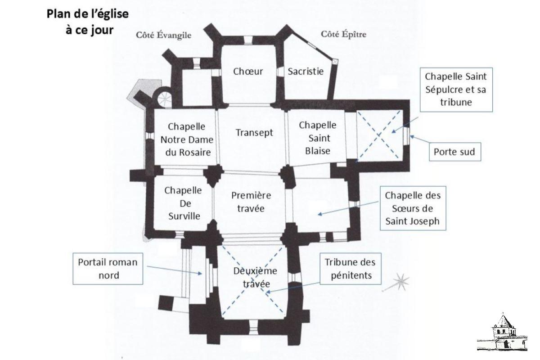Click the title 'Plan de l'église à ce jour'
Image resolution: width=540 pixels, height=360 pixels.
(x=88, y=21)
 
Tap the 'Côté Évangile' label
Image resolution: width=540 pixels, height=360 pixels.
(x=162, y=36)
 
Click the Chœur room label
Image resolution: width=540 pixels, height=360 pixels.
(x=248, y=71)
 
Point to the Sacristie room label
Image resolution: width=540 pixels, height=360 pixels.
(x=306, y=71)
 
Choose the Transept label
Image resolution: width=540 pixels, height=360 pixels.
(x=254, y=133)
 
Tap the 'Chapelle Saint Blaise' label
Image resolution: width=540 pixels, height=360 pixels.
(x=318, y=137)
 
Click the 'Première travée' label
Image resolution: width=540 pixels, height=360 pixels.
(x=251, y=202)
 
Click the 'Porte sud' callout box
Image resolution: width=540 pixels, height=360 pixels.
(x=454, y=152)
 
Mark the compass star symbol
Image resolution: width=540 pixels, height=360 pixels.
(x=400, y=283)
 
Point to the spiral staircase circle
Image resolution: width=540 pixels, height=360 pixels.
(x=164, y=97)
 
